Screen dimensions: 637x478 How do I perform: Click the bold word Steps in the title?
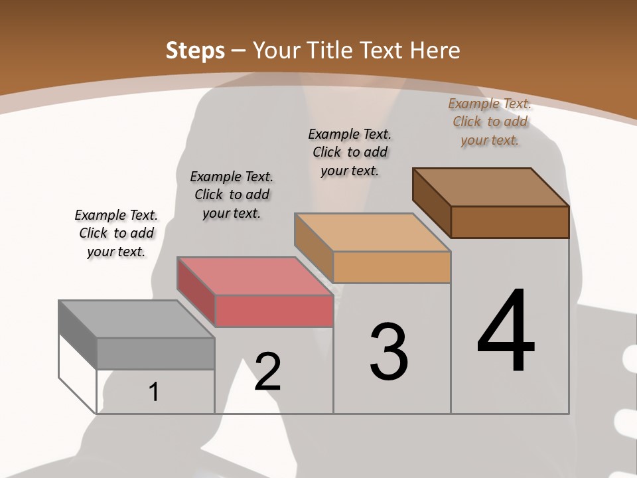pos(195,50)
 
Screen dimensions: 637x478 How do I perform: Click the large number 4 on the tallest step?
pos(506,332)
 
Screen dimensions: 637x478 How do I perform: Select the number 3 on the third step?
pos(389,352)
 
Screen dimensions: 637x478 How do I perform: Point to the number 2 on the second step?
pos(268,372)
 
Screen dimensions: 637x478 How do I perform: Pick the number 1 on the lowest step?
pos(154,392)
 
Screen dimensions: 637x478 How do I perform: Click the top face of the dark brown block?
pos(491,187)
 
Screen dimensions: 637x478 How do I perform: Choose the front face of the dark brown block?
pos(510,222)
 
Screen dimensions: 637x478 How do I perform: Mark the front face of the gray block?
pos(156,353)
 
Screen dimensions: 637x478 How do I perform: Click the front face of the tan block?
pos(391,267)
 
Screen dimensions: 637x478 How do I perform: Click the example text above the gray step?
pos(116,233)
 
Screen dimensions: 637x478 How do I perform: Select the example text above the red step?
pos(232,195)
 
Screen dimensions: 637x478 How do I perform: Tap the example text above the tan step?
pos(350,152)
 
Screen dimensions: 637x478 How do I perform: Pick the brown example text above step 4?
pos(490,121)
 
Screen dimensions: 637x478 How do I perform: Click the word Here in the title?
pos(435,50)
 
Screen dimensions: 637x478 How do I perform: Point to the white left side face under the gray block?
pos(78,372)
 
